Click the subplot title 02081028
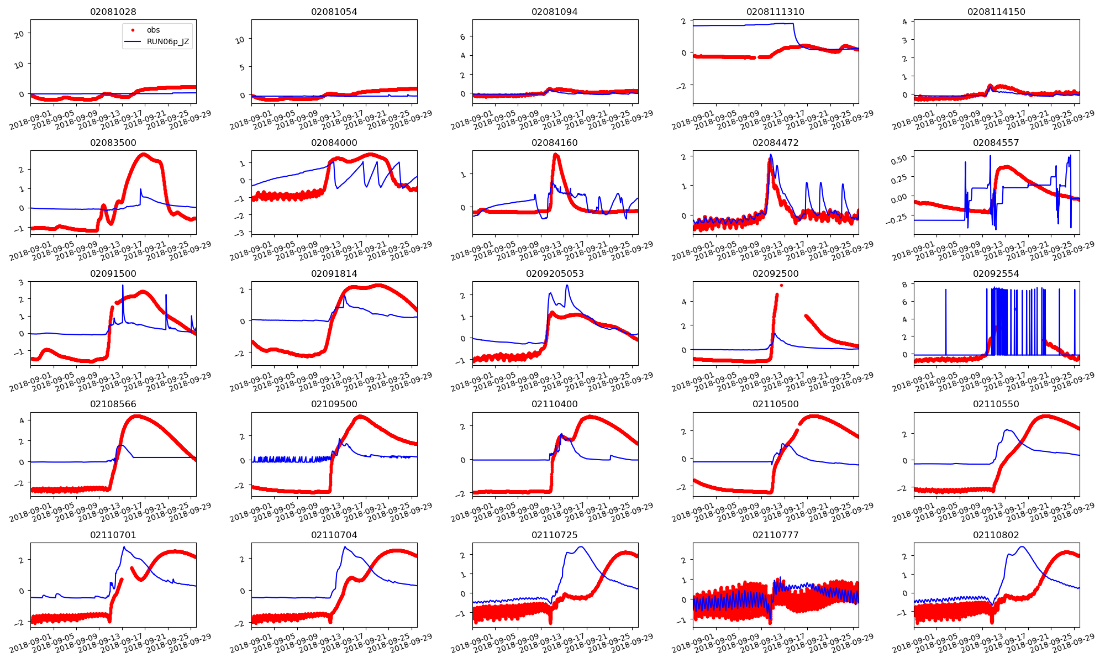tap(113, 12)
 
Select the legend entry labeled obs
tap(153, 30)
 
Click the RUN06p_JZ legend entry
tap(167, 41)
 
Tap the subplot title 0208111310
tap(775, 12)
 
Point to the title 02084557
tap(996, 143)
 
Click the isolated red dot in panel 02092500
tap(781, 286)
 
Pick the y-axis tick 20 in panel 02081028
tap(19, 34)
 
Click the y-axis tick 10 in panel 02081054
tap(240, 40)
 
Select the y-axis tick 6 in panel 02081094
tap(463, 37)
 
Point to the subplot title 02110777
tap(775, 535)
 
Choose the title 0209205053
tap(555, 273)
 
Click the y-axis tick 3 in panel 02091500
tap(21, 282)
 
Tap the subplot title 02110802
tap(996, 535)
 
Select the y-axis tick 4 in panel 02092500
tap(684, 302)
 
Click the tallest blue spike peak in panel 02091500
tap(123, 285)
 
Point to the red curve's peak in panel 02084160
tap(556, 155)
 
